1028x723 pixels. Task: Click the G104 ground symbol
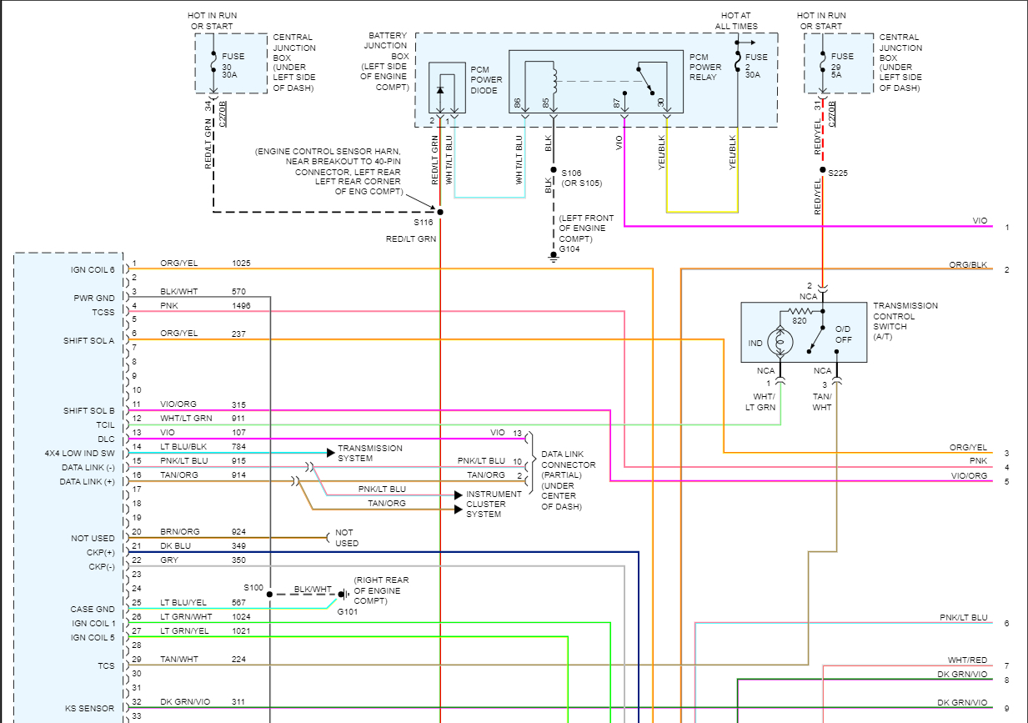pyautogui.click(x=552, y=257)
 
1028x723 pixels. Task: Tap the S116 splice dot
pyautogui.click(x=440, y=212)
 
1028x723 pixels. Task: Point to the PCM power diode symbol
pyautogui.click(x=440, y=89)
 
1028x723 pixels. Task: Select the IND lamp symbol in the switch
pyautogui.click(x=781, y=342)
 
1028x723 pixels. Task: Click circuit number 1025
pyautogui.click(x=241, y=264)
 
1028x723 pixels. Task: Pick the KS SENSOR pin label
pyautogui.click(x=90, y=708)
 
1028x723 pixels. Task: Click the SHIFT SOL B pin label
pyautogui.click(x=89, y=411)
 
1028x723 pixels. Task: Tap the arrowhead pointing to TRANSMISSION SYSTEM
pyautogui.click(x=331, y=453)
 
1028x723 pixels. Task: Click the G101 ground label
pyautogui.click(x=347, y=611)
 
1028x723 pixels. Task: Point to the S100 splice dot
pyautogui.click(x=270, y=595)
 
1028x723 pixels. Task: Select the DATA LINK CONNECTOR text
pyautogui.click(x=569, y=459)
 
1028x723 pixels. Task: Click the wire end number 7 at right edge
pyautogui.click(x=1006, y=666)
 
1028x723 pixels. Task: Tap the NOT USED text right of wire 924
pyautogui.click(x=347, y=538)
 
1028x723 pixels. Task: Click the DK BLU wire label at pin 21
pyautogui.click(x=176, y=546)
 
